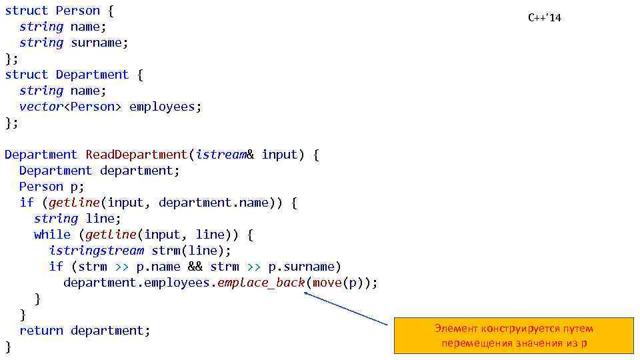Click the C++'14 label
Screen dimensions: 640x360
[x=545, y=17]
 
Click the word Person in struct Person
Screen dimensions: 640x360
[x=77, y=11]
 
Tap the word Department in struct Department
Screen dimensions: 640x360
[x=92, y=75]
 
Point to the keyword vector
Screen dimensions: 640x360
[x=40, y=107]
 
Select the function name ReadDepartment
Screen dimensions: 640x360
[x=137, y=155]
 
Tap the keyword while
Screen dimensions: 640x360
[x=52, y=235]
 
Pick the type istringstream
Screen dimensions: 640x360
[x=96, y=251]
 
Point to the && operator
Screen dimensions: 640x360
[x=195, y=267]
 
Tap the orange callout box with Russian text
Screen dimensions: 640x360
[x=513, y=335]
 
